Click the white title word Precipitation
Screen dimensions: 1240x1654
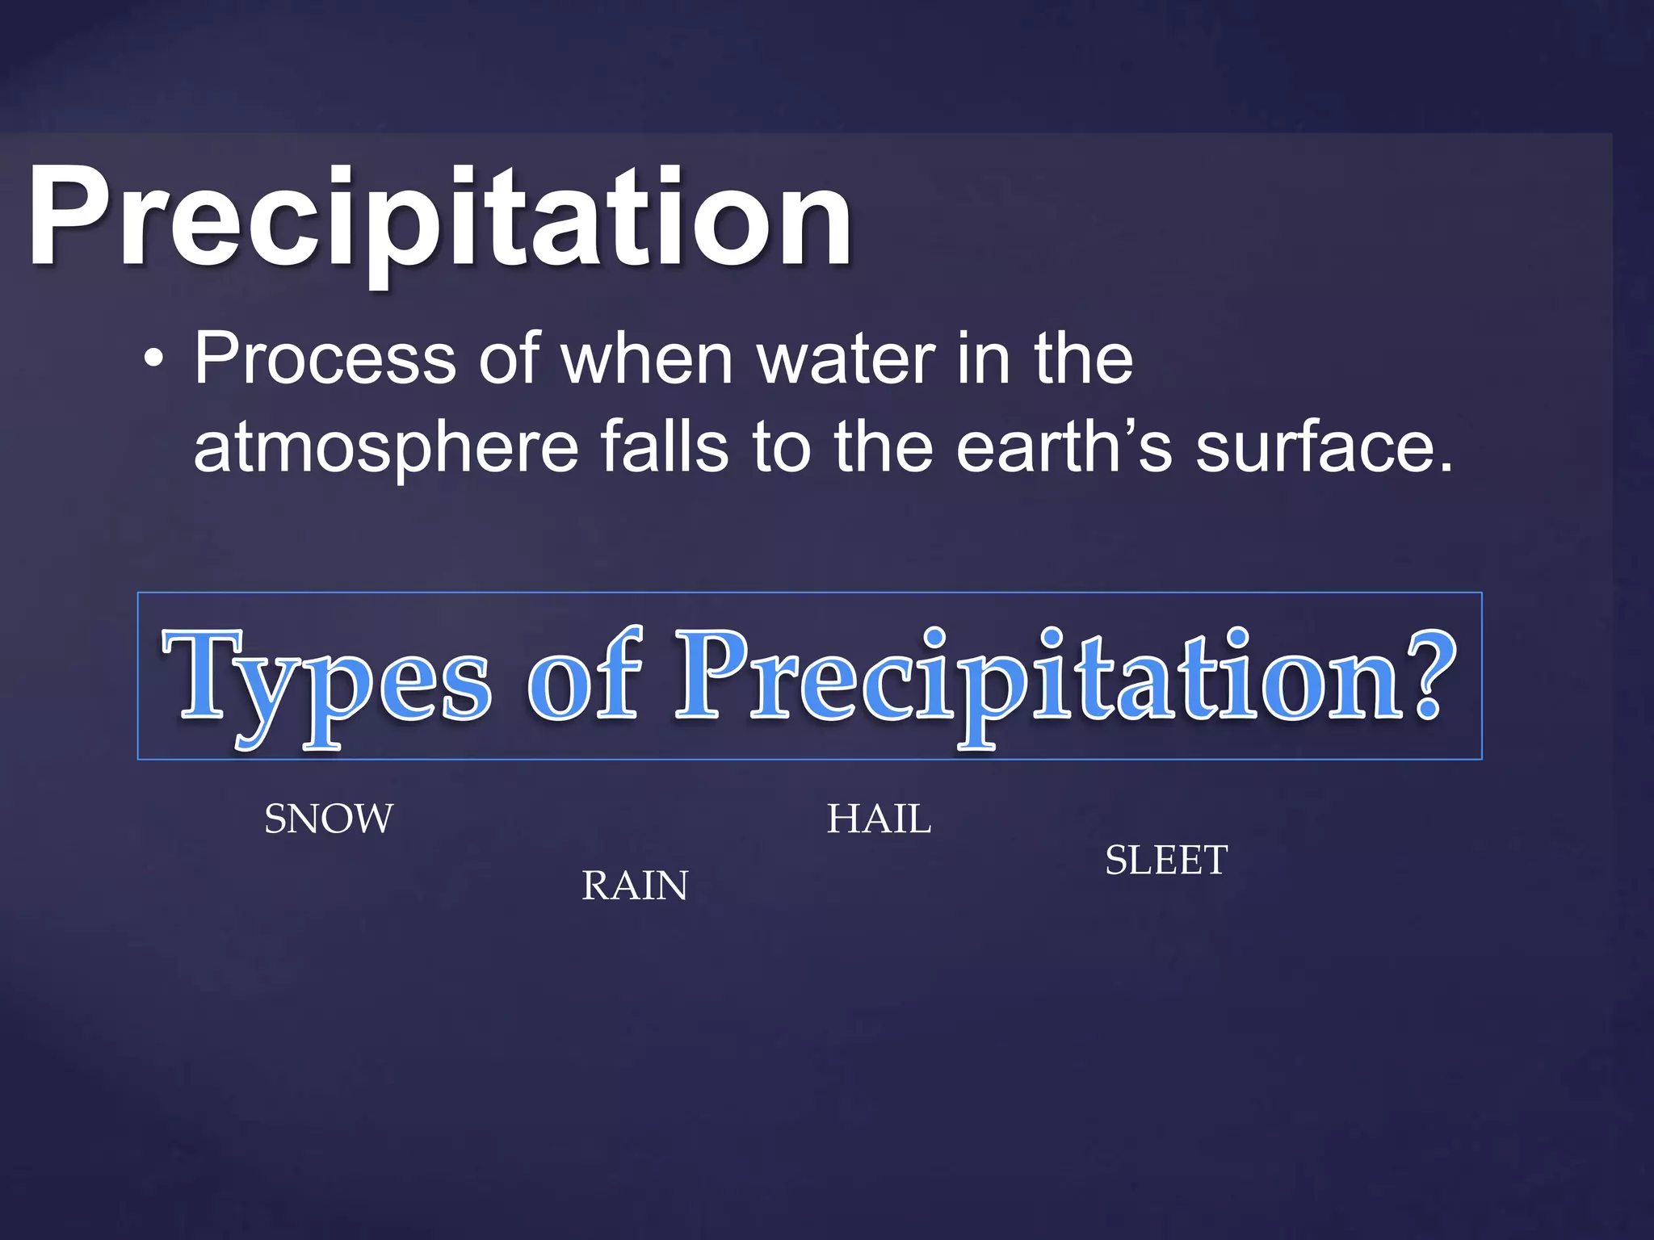point(440,216)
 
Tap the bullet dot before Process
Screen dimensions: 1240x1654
point(153,360)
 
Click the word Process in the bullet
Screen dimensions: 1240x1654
point(325,360)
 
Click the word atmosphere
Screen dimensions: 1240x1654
point(386,449)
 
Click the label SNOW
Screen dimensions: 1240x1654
point(329,819)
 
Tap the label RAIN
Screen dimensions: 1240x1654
point(635,886)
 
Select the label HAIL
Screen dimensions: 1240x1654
point(879,819)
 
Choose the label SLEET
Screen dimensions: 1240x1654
point(1166,860)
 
